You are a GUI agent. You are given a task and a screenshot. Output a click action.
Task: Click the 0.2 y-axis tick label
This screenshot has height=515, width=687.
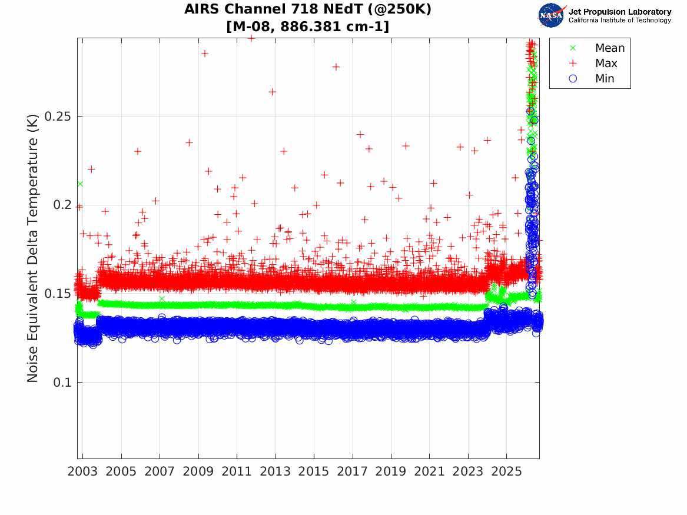tap(62, 205)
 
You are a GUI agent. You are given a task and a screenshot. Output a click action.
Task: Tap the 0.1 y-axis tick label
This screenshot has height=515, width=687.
tap(62, 383)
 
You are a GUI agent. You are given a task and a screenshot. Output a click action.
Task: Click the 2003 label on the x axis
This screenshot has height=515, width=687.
tap(82, 471)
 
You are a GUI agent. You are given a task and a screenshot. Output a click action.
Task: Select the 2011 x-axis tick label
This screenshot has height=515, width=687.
tap(237, 471)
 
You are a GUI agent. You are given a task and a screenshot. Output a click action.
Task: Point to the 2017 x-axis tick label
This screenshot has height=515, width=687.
tap(352, 471)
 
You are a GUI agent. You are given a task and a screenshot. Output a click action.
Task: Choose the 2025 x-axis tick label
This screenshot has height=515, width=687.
tap(506, 471)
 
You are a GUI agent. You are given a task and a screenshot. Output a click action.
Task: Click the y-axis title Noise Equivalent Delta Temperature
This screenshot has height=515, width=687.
tap(33, 248)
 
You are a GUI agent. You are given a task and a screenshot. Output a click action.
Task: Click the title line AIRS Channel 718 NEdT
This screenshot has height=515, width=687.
tap(307, 9)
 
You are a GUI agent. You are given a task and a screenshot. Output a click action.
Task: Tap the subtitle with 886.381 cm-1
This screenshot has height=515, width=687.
tap(307, 26)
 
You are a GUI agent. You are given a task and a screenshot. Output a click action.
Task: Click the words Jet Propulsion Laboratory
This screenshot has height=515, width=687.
tap(620, 12)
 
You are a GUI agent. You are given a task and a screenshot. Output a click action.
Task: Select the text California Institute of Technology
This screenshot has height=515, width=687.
tap(620, 20)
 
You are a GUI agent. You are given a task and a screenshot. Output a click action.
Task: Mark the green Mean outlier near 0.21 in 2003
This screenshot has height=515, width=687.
tap(80, 184)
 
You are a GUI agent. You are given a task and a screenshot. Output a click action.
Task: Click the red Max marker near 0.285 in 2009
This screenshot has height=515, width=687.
tap(205, 54)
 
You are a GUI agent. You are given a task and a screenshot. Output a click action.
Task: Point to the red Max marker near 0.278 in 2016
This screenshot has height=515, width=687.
tap(336, 67)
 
